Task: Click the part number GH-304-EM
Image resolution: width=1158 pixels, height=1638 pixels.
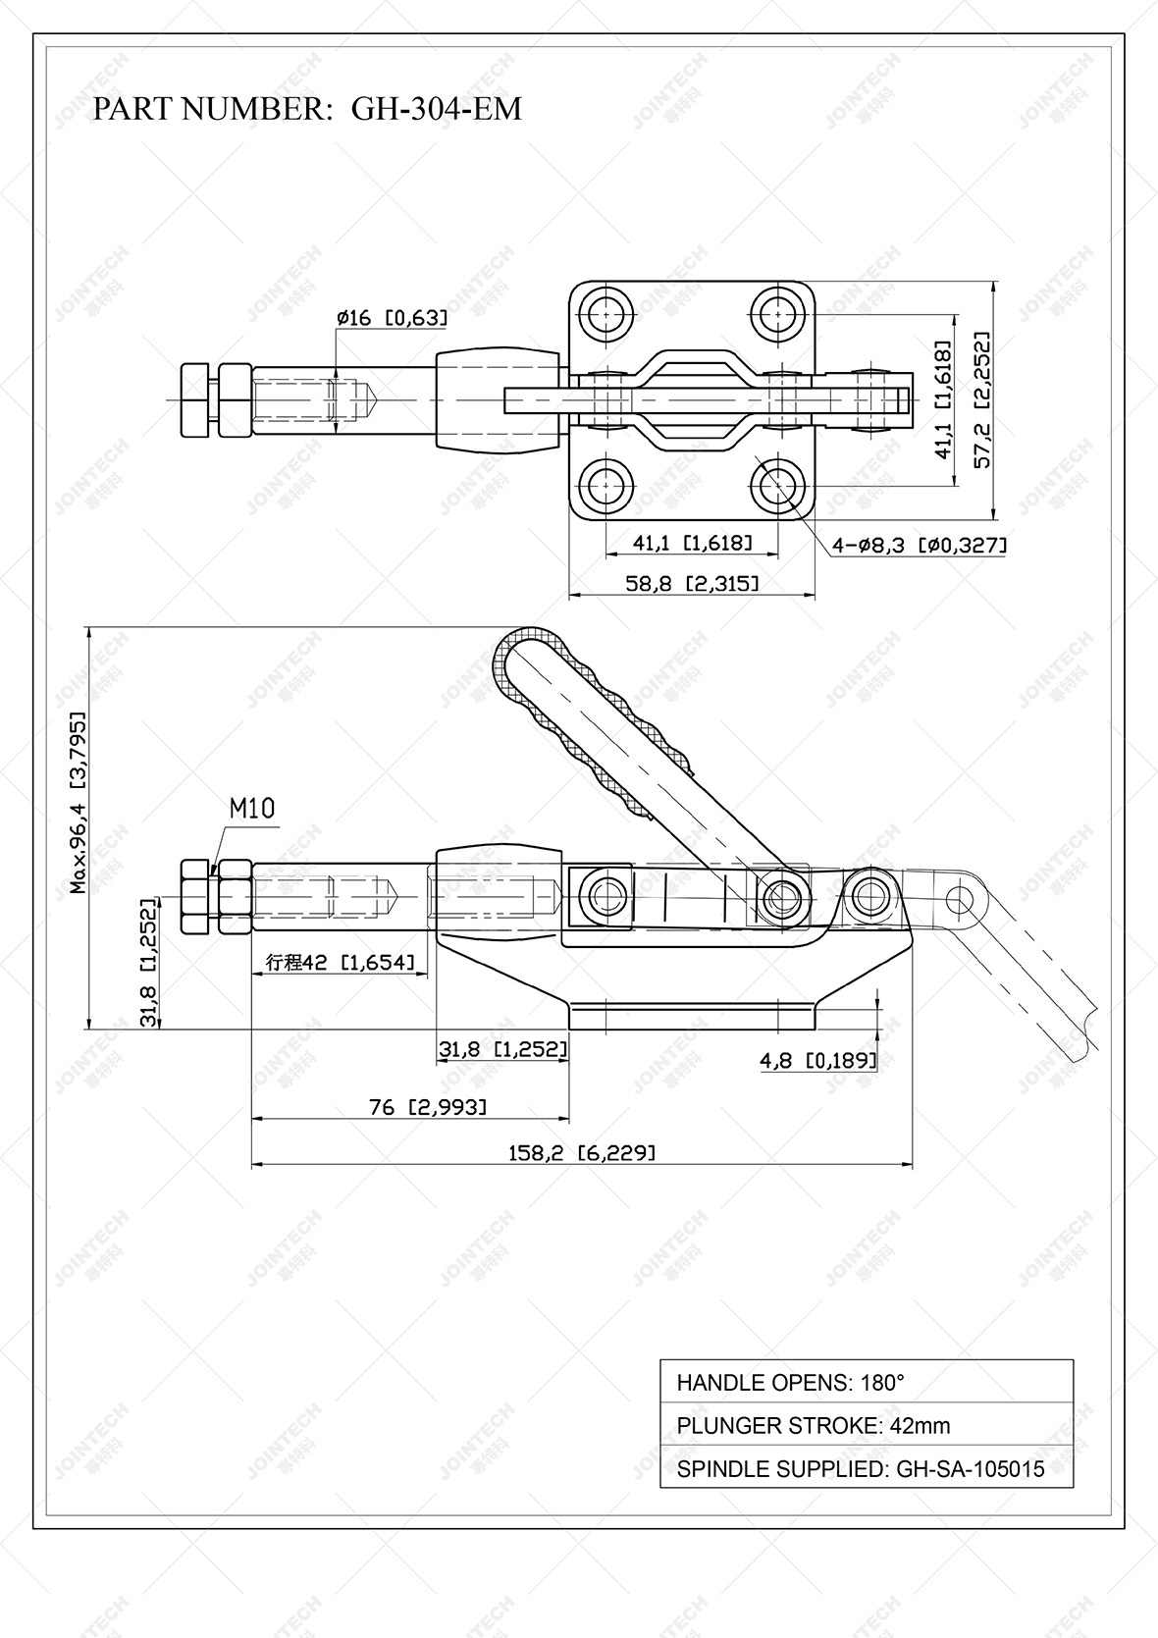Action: [x=436, y=108]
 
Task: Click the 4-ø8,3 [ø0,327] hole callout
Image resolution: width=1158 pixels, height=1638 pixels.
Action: [x=919, y=546]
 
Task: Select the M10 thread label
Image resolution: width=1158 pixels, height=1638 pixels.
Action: [x=252, y=809]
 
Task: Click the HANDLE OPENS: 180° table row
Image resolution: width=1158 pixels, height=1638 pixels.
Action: [x=867, y=1383]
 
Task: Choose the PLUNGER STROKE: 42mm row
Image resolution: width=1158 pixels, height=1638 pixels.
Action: [x=867, y=1426]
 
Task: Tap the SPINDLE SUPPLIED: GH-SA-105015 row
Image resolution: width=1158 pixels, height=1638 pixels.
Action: [x=867, y=1469]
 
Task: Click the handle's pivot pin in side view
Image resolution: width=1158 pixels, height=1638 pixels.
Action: [x=782, y=895]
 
